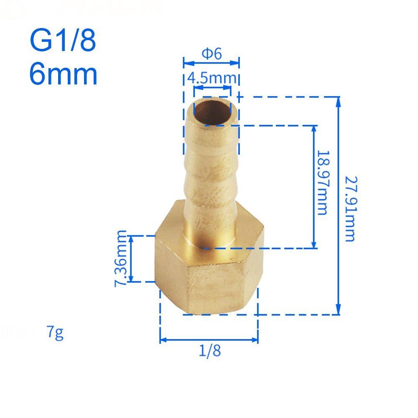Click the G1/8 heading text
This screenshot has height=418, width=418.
63,40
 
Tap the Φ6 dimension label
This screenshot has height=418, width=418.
212,54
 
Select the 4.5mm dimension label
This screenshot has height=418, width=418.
212,78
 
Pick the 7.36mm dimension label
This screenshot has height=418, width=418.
121,258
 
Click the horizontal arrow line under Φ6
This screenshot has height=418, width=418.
212,63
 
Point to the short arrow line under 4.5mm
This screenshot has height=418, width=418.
212,88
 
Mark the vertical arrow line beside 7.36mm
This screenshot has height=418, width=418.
131,258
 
